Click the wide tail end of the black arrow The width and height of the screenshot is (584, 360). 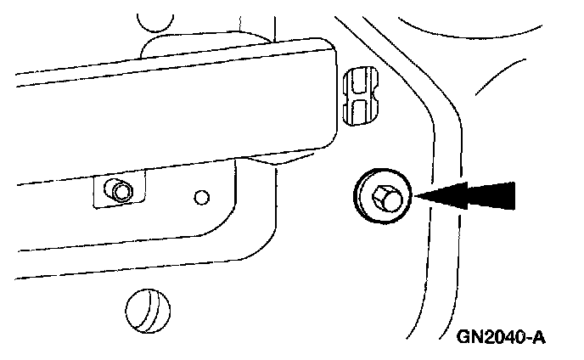coord(509,195)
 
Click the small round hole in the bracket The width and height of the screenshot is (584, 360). coord(201,198)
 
